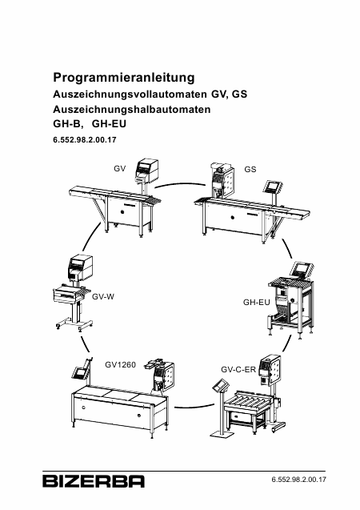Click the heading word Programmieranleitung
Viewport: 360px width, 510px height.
(x=124, y=78)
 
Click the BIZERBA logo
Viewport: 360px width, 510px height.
(x=94, y=481)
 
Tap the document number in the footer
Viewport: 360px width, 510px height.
(x=298, y=480)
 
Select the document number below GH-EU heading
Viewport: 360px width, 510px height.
(x=85, y=140)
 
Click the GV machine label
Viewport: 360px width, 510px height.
(x=119, y=169)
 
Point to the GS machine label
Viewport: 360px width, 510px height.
(x=250, y=169)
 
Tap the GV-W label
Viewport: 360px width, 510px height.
(x=103, y=296)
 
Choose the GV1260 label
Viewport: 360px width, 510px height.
(x=120, y=364)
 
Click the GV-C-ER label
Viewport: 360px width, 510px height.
(x=238, y=370)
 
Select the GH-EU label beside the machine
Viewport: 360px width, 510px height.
(x=256, y=302)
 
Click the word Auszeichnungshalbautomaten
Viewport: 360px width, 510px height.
(x=131, y=109)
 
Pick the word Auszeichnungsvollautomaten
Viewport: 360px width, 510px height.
(x=130, y=94)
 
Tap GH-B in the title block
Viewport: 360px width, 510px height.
(x=66, y=124)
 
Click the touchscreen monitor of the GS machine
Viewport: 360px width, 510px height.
(x=273, y=187)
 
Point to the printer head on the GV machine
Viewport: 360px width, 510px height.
(x=146, y=170)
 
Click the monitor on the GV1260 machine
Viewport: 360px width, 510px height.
(x=80, y=373)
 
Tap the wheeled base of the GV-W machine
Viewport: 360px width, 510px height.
(x=74, y=325)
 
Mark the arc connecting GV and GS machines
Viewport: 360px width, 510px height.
(x=180, y=184)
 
